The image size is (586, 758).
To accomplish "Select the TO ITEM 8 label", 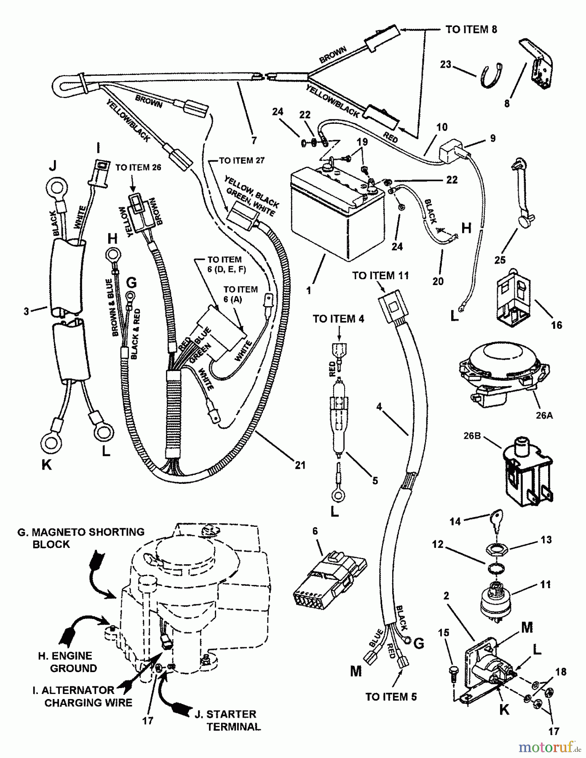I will (x=471, y=29).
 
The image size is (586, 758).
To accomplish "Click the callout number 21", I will (x=300, y=465).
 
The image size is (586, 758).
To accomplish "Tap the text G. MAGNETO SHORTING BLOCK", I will (x=81, y=538).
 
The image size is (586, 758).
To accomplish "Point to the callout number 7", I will (x=254, y=140).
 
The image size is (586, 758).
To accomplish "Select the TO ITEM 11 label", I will (x=380, y=276).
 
